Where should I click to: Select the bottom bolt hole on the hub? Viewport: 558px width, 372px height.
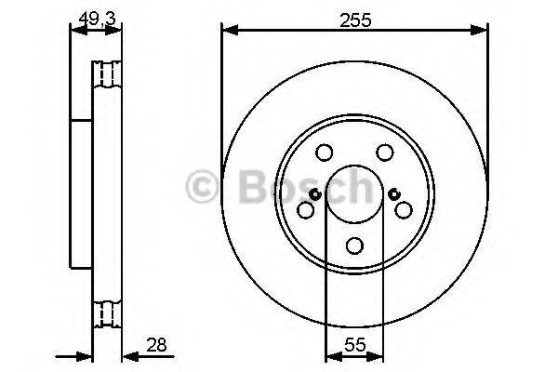(x=354, y=246)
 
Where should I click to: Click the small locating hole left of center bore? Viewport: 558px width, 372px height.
(x=314, y=194)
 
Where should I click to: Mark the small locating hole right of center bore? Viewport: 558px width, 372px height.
(x=394, y=194)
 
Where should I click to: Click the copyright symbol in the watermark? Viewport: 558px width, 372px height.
(x=202, y=187)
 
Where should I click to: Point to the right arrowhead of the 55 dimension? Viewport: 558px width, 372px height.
(x=378, y=355)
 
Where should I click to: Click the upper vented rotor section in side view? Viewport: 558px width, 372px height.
(x=107, y=73)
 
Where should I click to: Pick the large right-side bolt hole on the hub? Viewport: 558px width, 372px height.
(x=404, y=211)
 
